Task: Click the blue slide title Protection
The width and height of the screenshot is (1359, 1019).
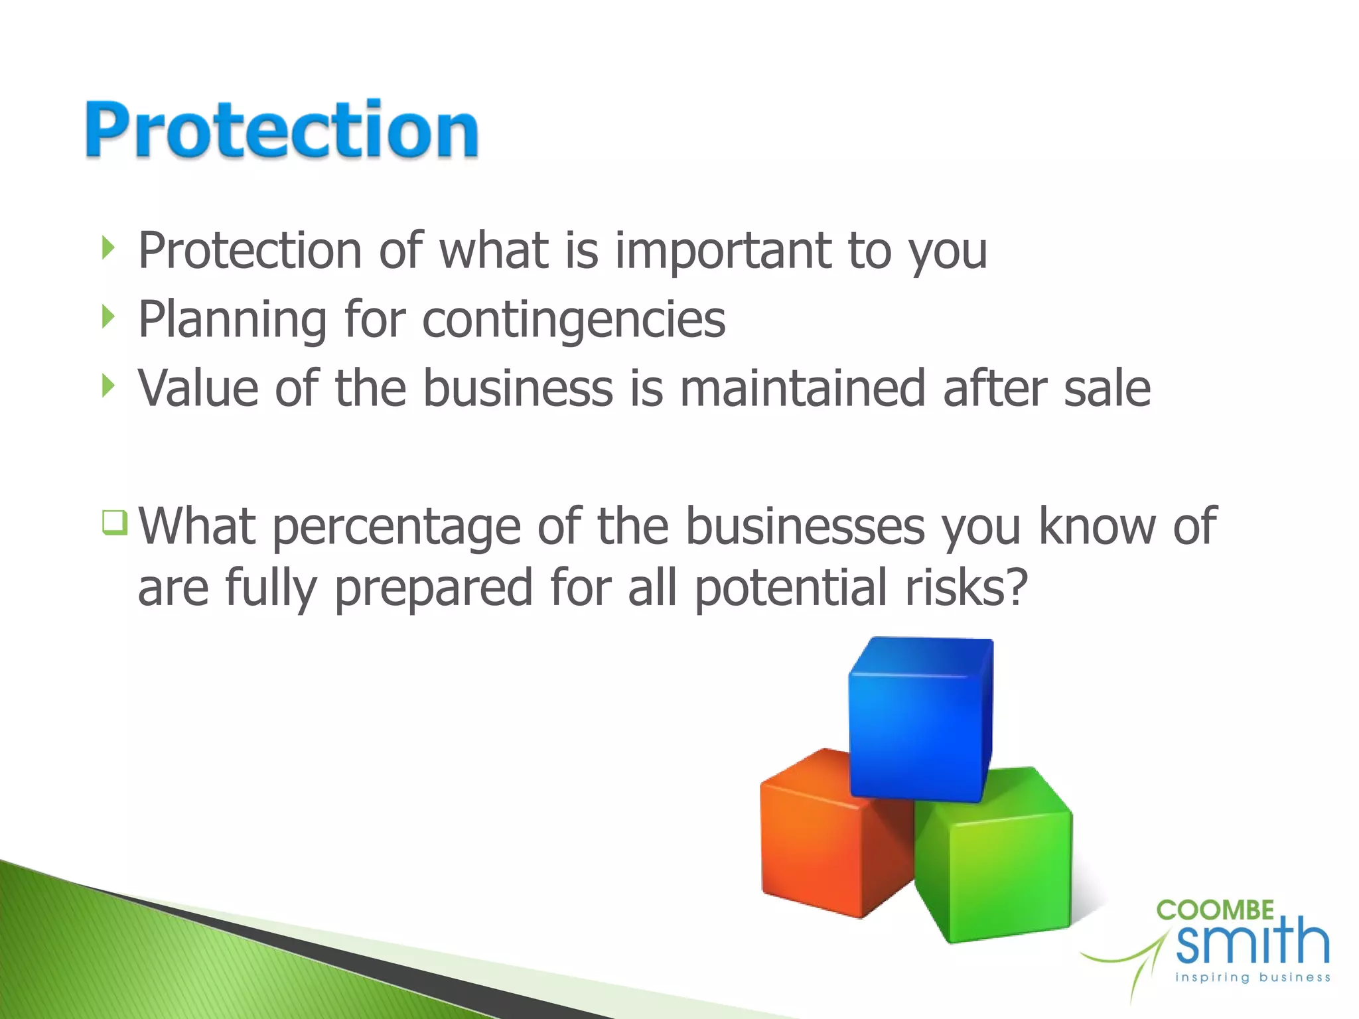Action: [x=282, y=129]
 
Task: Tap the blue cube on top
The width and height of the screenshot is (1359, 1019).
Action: [x=919, y=720]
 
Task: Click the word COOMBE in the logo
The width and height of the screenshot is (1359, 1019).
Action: [x=1215, y=911]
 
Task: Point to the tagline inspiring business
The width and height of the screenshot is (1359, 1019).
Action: [x=1252, y=977]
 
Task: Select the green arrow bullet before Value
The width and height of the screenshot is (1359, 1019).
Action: [x=109, y=385]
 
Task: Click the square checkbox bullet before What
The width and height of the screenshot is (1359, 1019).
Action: [x=114, y=522]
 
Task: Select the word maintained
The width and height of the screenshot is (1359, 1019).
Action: [x=802, y=388]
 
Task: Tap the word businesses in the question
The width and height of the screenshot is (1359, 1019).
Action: [x=805, y=526]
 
